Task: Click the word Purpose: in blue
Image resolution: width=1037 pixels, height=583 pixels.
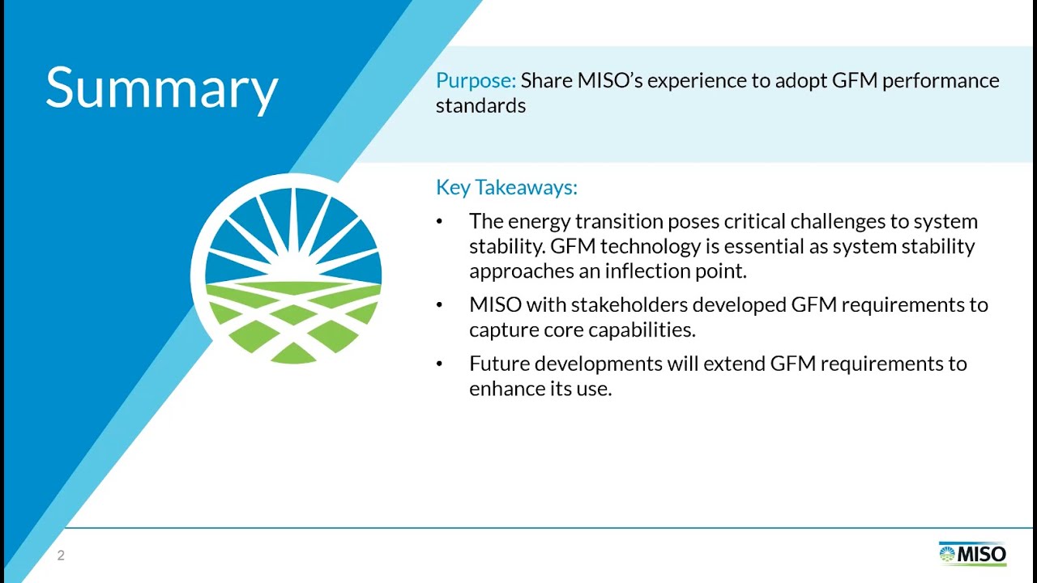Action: click(476, 81)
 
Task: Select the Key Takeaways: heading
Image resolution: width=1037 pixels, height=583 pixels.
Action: click(506, 187)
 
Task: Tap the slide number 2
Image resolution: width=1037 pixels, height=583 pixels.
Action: click(61, 555)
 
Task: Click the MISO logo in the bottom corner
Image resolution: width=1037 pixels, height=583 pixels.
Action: click(972, 555)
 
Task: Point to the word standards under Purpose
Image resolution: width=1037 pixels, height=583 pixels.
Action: click(480, 105)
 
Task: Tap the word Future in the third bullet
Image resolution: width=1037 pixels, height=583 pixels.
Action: click(498, 364)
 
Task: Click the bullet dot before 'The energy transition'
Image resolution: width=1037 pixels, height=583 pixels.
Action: click(439, 222)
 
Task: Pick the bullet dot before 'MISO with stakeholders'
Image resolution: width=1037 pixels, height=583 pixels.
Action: click(439, 305)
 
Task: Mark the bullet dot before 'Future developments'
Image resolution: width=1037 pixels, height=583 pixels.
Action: click(439, 364)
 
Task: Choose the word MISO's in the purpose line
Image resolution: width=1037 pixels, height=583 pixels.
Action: click(608, 81)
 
